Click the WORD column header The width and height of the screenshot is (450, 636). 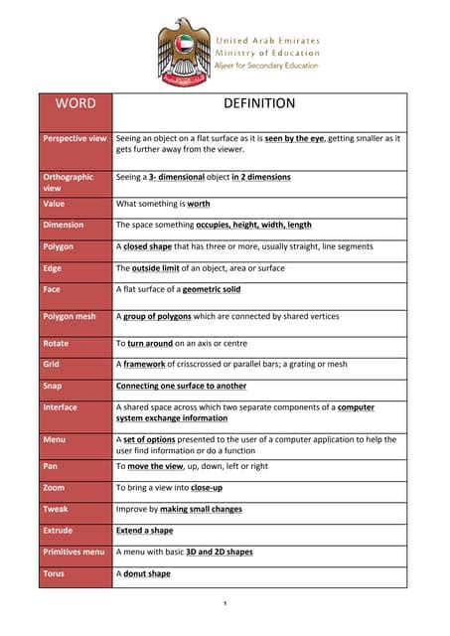coord(75,103)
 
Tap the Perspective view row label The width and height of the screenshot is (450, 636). coord(75,138)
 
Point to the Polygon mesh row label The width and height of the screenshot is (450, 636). coord(70,316)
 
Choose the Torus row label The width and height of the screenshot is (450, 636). coord(54,573)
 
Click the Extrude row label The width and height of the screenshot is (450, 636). coord(58,530)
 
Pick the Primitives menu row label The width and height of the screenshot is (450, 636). coord(74,552)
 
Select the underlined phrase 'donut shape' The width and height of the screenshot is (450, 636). coord(147,573)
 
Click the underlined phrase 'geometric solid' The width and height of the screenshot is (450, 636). coord(210,289)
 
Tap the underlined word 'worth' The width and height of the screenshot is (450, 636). coord(198,203)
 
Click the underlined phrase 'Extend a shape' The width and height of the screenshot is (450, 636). coord(145,530)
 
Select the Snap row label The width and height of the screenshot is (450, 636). coord(53,386)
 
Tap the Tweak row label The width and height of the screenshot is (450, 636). coord(56,509)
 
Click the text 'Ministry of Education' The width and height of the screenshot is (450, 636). coord(267,53)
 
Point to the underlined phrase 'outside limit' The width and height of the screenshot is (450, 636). coord(154,267)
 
